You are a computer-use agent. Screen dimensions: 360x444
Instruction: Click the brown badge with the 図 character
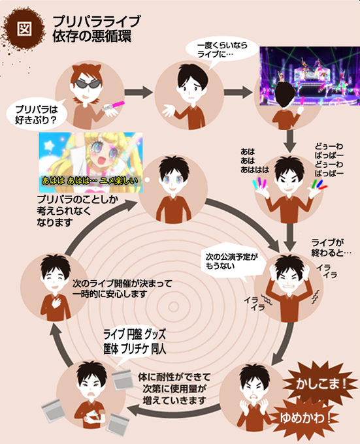(x=24, y=28)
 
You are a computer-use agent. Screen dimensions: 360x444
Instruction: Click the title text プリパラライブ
(x=96, y=22)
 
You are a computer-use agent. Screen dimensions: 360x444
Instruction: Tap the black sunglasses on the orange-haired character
(x=88, y=84)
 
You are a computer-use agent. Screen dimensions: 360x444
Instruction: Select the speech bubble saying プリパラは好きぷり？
(x=36, y=115)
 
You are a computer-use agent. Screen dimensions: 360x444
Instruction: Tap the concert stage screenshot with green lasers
(x=310, y=76)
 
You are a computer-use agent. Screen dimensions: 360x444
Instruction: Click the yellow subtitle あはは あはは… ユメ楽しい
(x=90, y=181)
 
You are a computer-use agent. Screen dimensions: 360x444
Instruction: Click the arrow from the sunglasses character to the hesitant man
(x=139, y=92)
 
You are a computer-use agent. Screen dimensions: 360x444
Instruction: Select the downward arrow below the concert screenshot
(x=290, y=141)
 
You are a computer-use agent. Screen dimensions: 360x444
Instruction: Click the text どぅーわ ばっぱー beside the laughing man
(x=329, y=160)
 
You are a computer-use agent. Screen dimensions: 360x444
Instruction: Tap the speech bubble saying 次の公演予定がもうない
(x=231, y=261)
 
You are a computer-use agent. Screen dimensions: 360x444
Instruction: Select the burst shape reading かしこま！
(x=321, y=384)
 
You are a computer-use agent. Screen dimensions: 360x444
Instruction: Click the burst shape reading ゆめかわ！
(x=304, y=418)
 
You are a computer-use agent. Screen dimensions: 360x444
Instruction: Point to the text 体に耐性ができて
(x=174, y=377)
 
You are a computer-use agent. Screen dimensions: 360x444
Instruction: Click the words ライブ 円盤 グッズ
(x=135, y=334)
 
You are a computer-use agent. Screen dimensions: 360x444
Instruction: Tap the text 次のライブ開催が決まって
(x=122, y=283)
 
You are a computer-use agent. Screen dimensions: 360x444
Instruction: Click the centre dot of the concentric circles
(x=174, y=307)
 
